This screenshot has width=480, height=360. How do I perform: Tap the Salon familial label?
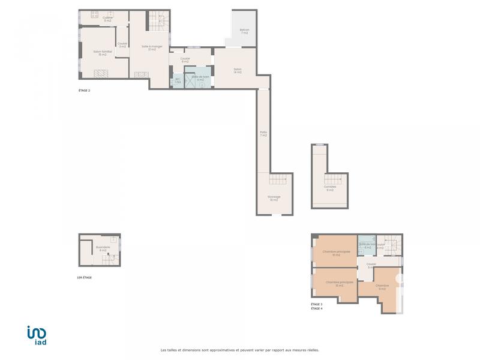click(x=103, y=53)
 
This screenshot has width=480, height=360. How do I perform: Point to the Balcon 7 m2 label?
click(x=245, y=31)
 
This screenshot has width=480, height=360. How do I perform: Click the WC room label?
click(x=178, y=80)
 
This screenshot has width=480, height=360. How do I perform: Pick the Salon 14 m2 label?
click(x=238, y=70)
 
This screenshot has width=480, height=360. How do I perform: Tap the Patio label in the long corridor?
click(x=263, y=133)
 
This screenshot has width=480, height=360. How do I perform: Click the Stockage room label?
click(x=274, y=198)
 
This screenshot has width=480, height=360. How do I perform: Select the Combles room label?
click(x=330, y=188)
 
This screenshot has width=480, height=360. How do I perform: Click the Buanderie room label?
click(x=103, y=248)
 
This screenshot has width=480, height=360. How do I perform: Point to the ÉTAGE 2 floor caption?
click(x=84, y=91)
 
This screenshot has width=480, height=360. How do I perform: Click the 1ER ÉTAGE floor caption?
click(x=85, y=278)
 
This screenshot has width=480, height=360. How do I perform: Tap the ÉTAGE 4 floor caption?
click(x=317, y=308)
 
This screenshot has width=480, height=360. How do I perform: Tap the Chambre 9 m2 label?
click(x=382, y=287)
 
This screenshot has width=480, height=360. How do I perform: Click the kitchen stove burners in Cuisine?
click(x=94, y=14)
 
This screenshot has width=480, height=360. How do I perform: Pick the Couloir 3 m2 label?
click(x=122, y=45)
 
